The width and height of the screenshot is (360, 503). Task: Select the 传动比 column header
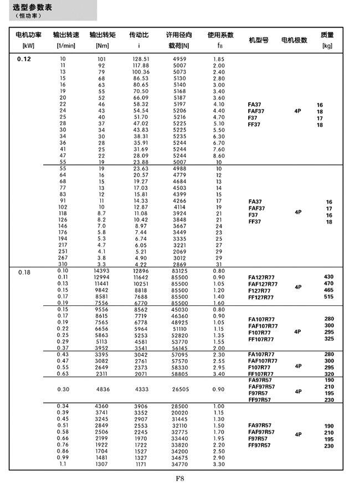pyautogui.click(x=138, y=35)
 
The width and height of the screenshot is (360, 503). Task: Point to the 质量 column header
pyautogui.click(x=327, y=35)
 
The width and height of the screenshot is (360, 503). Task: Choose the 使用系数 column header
pyautogui.click(x=220, y=35)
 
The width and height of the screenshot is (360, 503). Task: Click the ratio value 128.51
pyautogui.click(x=141, y=59)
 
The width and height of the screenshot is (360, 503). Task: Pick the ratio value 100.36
pyautogui.click(x=141, y=72)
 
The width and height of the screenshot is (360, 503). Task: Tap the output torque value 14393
pyautogui.click(x=102, y=271)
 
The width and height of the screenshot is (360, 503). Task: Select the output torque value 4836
pyautogui.click(x=102, y=390)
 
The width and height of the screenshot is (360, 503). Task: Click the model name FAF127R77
pyautogui.click(x=263, y=284)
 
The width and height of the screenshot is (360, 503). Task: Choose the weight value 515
pyautogui.click(x=328, y=297)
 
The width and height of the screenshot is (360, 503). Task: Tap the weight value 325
pyautogui.click(x=328, y=339)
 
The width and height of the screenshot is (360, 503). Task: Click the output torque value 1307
pyautogui.click(x=102, y=464)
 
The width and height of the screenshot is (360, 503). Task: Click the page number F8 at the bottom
pyautogui.click(x=180, y=479)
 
